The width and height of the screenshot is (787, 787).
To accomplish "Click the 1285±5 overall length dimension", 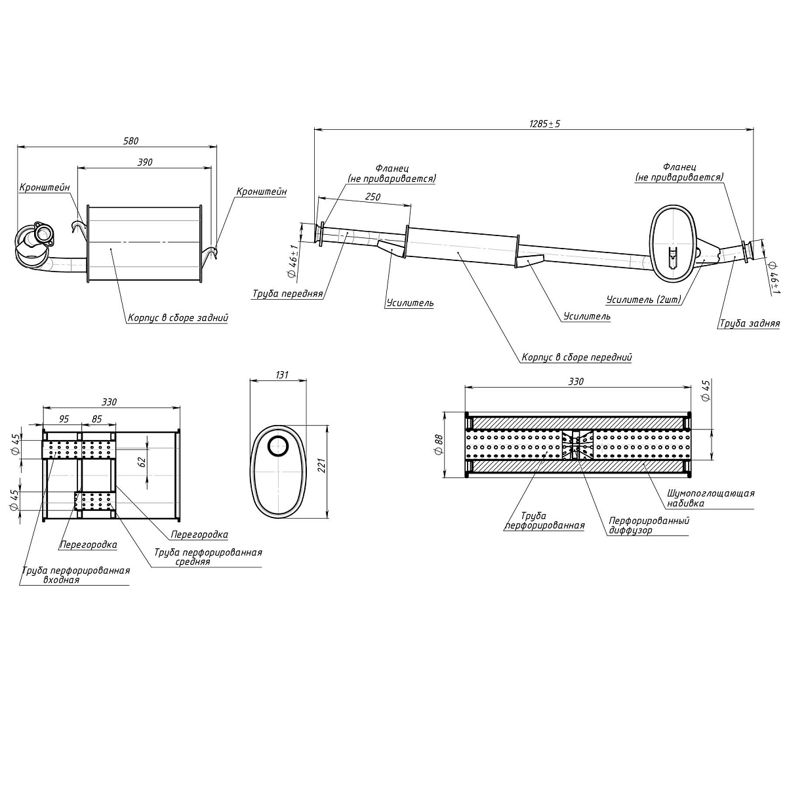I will (544, 123).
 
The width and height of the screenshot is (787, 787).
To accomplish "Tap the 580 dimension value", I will (131, 141).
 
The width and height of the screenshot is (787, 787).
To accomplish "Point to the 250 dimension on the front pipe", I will (372, 197).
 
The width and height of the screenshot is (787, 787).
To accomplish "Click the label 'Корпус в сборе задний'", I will (178, 318).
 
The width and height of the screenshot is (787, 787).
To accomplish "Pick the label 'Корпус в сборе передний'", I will (576, 358).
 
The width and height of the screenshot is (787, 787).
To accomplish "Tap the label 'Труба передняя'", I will (287, 294).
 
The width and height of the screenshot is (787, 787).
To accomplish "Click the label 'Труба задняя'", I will (749, 323).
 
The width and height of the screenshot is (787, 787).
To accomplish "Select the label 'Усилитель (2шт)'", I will (643, 300).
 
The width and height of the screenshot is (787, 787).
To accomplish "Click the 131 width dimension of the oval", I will (281, 375).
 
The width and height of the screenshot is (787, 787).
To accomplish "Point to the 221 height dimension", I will (321, 468).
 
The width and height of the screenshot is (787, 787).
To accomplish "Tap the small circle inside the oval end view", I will (277, 445).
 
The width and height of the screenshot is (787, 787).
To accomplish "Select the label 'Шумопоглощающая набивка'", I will (710, 498).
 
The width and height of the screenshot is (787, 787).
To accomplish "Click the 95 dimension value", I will (64, 419).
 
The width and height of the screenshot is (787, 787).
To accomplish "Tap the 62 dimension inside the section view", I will (142, 461).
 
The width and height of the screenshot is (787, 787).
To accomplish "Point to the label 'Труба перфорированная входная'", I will (75, 575).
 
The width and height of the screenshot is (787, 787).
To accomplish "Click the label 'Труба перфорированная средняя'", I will (208, 557).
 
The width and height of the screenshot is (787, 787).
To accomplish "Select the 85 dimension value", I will (96, 419).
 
